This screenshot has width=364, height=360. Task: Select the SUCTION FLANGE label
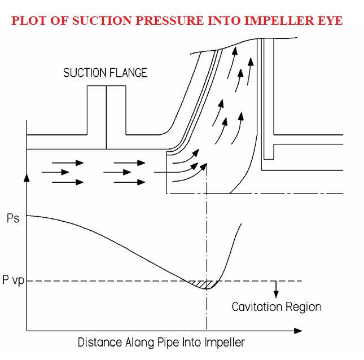tap(105, 73)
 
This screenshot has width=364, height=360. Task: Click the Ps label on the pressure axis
tap(13, 218)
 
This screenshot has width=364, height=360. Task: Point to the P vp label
tap(13, 280)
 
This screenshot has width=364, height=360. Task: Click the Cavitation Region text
tap(277, 307)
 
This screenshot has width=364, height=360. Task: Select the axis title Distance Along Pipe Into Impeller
tap(161, 343)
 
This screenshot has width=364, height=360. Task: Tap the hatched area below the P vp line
tap(204, 284)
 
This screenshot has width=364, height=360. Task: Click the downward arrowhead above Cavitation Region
tap(276, 294)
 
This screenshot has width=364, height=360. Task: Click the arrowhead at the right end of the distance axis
tap(298, 331)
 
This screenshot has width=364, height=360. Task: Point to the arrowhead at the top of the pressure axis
tap(27, 178)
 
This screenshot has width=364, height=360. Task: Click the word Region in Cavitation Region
tap(304, 307)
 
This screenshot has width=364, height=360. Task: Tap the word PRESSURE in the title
tap(169, 20)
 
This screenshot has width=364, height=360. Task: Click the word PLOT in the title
tap(29, 20)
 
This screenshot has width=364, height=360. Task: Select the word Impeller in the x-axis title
tap(225, 343)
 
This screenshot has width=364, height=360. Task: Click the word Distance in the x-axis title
tap(100, 343)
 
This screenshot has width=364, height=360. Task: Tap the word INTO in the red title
tap(224, 20)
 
